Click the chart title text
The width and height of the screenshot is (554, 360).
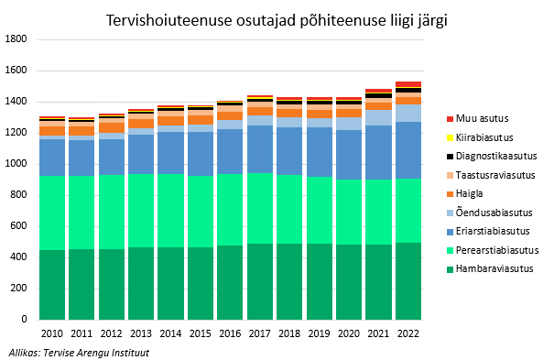[277, 19]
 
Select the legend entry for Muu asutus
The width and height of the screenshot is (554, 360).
[482, 118]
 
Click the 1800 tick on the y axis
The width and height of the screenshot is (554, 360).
[16, 39]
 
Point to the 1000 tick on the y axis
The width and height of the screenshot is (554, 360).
[16, 164]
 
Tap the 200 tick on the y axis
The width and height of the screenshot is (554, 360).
[18, 289]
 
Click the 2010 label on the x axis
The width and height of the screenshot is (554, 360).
[52, 334]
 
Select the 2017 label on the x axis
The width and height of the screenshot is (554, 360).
[259, 334]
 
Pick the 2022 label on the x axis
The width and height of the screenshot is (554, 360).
[407, 334]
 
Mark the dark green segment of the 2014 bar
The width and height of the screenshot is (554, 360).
[170, 283]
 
